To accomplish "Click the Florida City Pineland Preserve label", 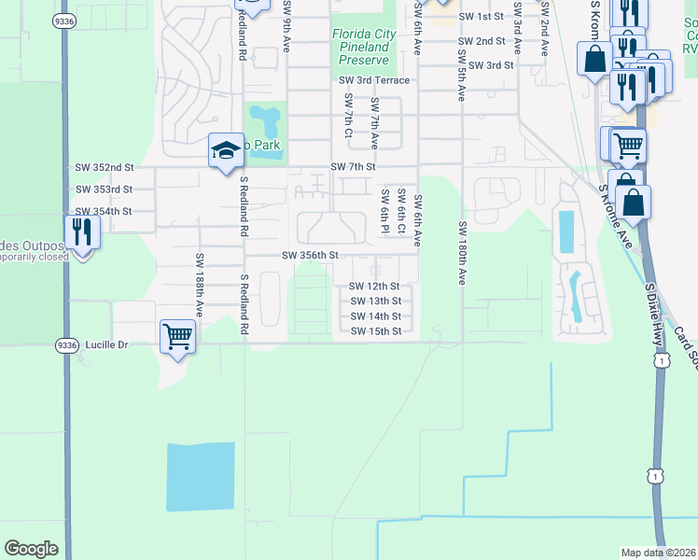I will click(363, 47).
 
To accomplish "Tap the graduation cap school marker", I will click(226, 151).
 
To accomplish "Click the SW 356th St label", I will click(309, 255).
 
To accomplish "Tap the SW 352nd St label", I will click(105, 167).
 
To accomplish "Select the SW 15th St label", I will click(375, 331).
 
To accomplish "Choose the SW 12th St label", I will click(375, 286).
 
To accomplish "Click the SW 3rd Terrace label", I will click(374, 81).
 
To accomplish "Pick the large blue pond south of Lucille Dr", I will click(200, 476).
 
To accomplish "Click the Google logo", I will click(32, 549).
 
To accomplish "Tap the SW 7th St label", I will click(352, 166).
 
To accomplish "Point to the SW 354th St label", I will click(105, 212).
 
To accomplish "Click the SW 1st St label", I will click(482, 17).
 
